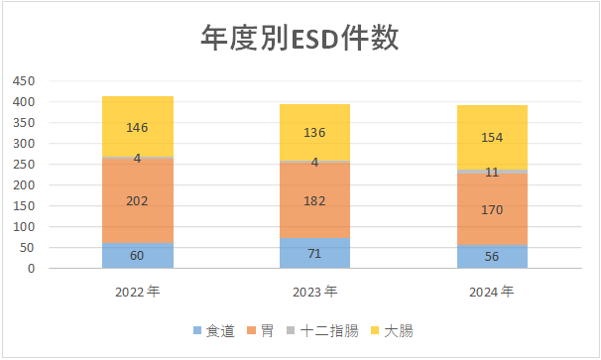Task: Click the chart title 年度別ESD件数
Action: pos(300,39)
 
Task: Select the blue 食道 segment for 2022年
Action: pos(138,256)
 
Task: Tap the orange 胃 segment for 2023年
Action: pos(314,200)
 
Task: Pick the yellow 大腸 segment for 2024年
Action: pos(492,137)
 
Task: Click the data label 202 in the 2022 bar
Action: pos(138,201)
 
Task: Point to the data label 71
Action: pos(314,254)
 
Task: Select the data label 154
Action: pos(492,137)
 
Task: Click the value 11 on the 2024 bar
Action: pos(492,172)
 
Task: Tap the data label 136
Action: pos(314,133)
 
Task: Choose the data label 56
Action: pos(492,256)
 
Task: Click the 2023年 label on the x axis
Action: pos(314,292)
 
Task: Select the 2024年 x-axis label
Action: pos(492,292)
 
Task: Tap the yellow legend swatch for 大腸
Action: pos(375,330)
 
